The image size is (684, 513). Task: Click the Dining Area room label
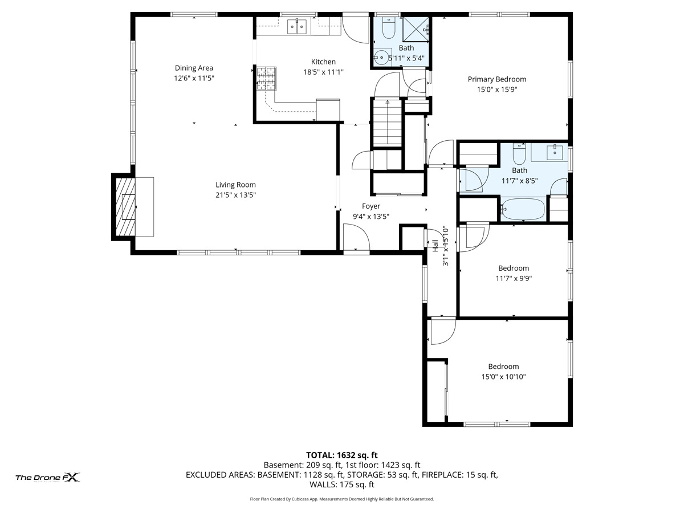tap(194, 68)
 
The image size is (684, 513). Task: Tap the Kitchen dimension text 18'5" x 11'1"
tap(323, 72)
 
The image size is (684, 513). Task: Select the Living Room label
tap(235, 185)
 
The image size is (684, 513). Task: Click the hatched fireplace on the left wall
tap(126, 206)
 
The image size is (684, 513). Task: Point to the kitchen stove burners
tap(266, 78)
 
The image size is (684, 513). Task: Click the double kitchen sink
tap(297, 26)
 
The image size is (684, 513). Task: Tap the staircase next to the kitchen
tap(388, 123)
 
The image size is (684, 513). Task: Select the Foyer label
tap(371, 206)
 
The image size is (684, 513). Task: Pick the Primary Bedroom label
tap(496, 79)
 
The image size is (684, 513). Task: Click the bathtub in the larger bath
tap(523, 209)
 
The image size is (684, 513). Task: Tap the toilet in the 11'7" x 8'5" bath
tap(519, 154)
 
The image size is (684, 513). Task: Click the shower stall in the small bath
tap(416, 28)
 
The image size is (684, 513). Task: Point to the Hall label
tap(435, 246)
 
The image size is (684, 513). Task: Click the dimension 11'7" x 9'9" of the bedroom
tap(514, 278)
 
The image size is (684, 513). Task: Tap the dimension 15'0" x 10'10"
tap(503, 377)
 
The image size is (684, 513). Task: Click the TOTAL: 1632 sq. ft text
tap(342, 455)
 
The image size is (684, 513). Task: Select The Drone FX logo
tap(47, 478)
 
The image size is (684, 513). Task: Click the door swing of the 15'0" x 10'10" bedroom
tap(442, 331)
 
